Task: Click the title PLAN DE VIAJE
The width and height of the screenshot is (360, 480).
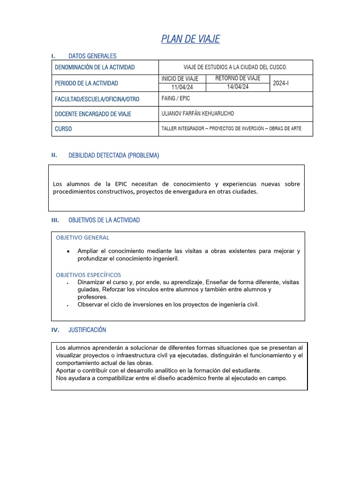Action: tap(190, 39)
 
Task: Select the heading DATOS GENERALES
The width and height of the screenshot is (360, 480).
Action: tap(92, 56)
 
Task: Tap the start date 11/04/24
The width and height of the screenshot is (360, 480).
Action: tap(182, 87)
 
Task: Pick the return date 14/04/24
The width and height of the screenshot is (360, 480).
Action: tap(238, 87)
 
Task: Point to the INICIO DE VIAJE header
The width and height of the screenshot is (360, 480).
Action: tap(180, 78)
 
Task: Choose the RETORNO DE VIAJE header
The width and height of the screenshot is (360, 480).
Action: tap(238, 78)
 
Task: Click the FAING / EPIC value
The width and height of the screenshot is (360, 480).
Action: tap(176, 99)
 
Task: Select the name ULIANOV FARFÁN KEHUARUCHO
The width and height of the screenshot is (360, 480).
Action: tap(197, 114)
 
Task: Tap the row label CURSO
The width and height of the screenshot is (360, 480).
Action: tap(63, 129)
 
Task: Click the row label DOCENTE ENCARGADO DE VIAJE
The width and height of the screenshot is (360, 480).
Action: tap(93, 114)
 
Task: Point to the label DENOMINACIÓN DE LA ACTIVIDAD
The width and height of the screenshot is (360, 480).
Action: tap(95, 67)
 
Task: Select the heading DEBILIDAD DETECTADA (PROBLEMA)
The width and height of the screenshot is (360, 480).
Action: tap(113, 156)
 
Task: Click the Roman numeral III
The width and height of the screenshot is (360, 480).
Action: tap(55, 220)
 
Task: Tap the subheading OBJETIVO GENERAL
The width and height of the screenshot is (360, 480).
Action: tap(82, 238)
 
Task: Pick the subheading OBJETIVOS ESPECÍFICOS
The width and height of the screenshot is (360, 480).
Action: tap(88, 275)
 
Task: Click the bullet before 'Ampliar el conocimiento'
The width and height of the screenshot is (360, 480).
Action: tap(68, 252)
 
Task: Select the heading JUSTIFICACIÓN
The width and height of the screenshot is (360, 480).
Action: tap(87, 330)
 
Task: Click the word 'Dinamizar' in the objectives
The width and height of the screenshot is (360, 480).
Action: tap(91, 282)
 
